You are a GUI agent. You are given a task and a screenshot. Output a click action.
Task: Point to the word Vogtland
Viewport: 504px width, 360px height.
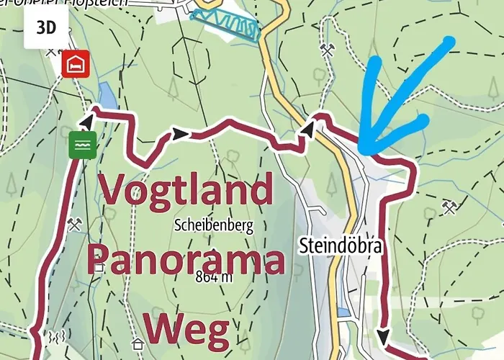click(x=186, y=190)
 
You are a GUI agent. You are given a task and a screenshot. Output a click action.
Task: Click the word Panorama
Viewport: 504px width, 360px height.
click(x=186, y=261)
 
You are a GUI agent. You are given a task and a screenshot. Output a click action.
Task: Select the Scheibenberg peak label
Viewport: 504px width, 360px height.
click(x=214, y=225)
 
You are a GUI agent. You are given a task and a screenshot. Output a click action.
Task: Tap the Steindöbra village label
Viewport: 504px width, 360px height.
click(x=341, y=246)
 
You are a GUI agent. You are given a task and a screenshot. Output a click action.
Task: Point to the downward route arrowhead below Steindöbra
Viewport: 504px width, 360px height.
click(x=383, y=336)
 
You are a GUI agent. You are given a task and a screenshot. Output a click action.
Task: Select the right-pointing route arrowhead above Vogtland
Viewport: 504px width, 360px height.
click(x=180, y=134)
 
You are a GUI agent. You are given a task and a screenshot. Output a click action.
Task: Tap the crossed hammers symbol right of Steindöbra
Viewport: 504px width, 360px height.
click(x=450, y=209)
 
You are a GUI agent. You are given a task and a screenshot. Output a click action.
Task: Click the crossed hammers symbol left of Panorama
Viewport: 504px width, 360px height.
click(x=76, y=224)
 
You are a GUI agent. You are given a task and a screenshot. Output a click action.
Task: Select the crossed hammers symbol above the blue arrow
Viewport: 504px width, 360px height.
click(x=328, y=50)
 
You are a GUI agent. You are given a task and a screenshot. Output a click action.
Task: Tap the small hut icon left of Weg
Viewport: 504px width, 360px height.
click(x=138, y=343)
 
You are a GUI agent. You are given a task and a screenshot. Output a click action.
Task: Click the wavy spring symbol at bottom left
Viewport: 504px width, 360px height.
click(x=57, y=336)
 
